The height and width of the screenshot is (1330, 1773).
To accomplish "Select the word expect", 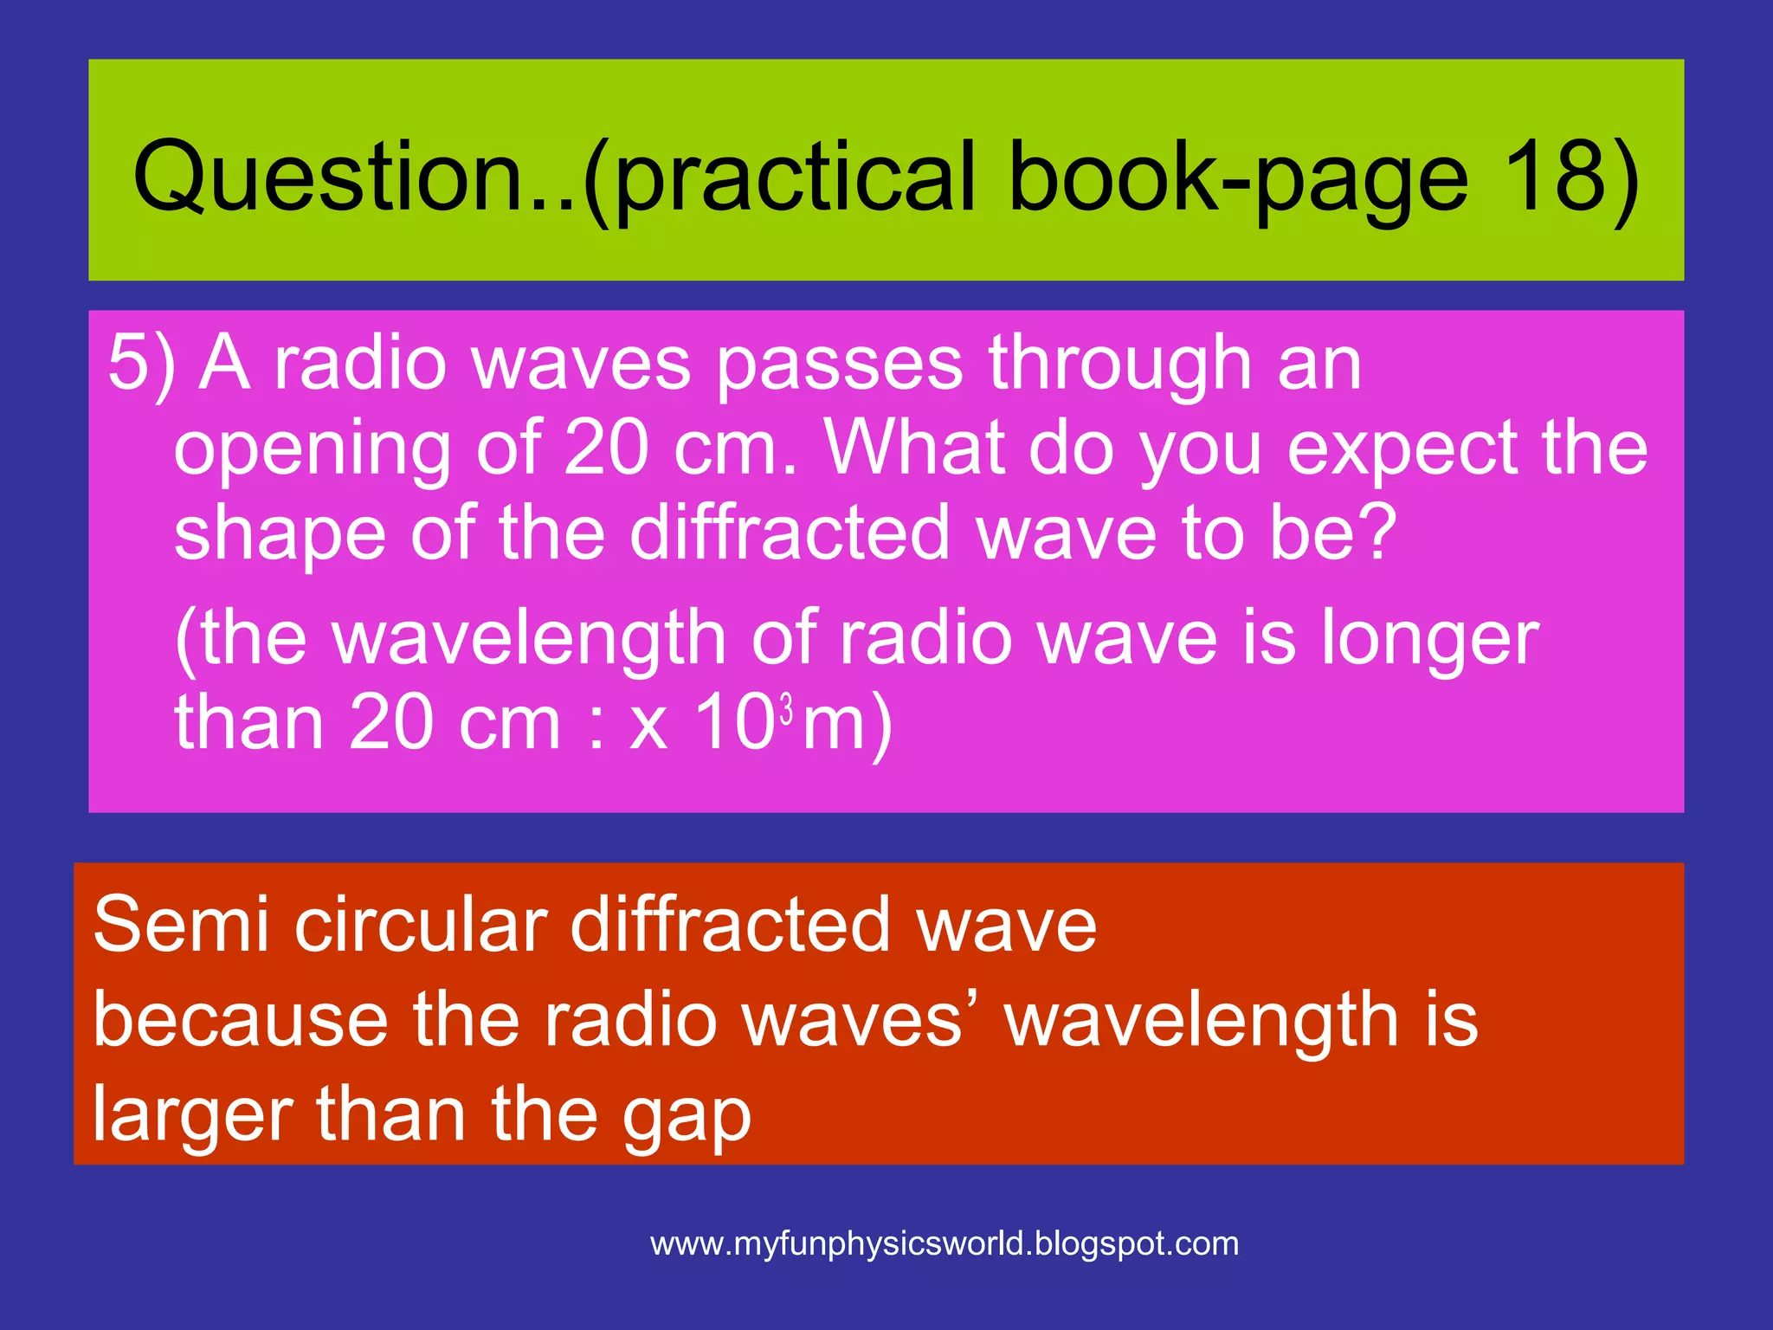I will (x=1403, y=450).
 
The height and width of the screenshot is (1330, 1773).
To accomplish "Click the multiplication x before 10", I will (x=649, y=726).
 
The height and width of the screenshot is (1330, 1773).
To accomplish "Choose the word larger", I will (x=191, y=1117).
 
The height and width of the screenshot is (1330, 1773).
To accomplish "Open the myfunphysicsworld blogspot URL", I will (x=945, y=1244).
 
